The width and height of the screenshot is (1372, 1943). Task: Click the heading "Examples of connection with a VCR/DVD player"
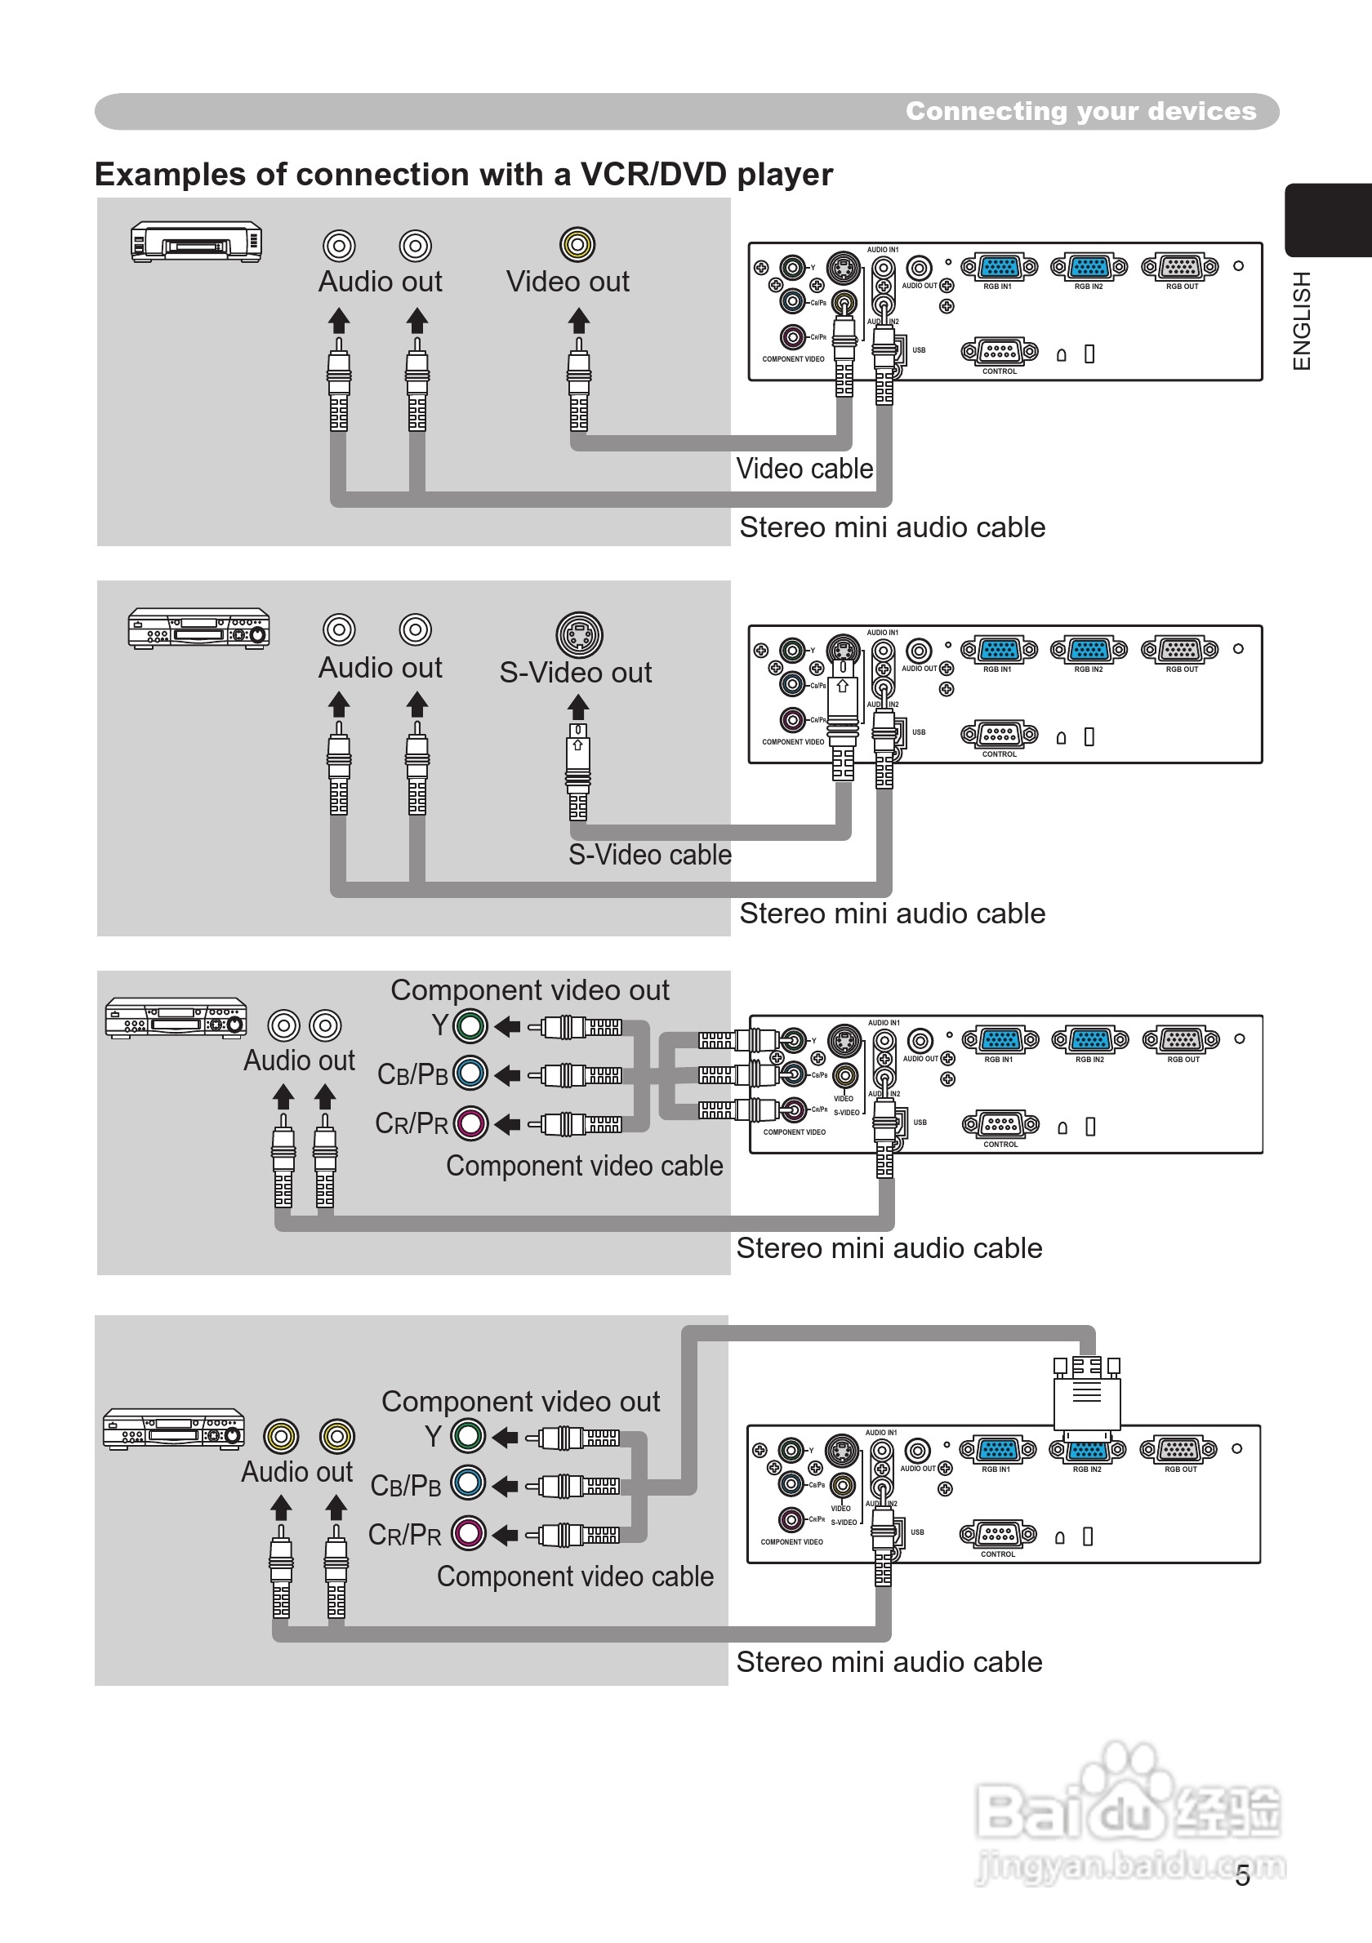(463, 175)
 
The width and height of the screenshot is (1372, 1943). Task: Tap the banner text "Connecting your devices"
(1080, 111)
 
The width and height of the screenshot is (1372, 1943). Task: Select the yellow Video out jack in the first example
(577, 246)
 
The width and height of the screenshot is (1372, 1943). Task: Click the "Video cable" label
(804, 469)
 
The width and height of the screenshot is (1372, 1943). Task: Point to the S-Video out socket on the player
(579, 634)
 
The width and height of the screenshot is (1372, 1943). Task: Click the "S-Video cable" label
(649, 855)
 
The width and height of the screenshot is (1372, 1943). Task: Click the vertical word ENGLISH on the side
(1302, 321)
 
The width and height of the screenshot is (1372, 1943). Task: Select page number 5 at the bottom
(1241, 1876)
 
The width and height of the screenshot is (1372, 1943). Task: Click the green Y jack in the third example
(470, 1026)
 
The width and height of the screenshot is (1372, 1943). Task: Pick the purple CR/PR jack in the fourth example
(468, 1532)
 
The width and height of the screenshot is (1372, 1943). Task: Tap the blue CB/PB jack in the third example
(470, 1074)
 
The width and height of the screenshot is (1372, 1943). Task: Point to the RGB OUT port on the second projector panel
(1181, 650)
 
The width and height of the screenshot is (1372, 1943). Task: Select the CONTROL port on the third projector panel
(1000, 1125)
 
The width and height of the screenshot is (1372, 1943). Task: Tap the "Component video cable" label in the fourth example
(575, 1576)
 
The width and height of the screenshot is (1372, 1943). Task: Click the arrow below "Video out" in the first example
(578, 321)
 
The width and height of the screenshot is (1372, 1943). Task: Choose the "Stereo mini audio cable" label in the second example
(892, 914)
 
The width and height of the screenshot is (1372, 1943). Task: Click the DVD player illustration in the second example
(199, 629)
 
